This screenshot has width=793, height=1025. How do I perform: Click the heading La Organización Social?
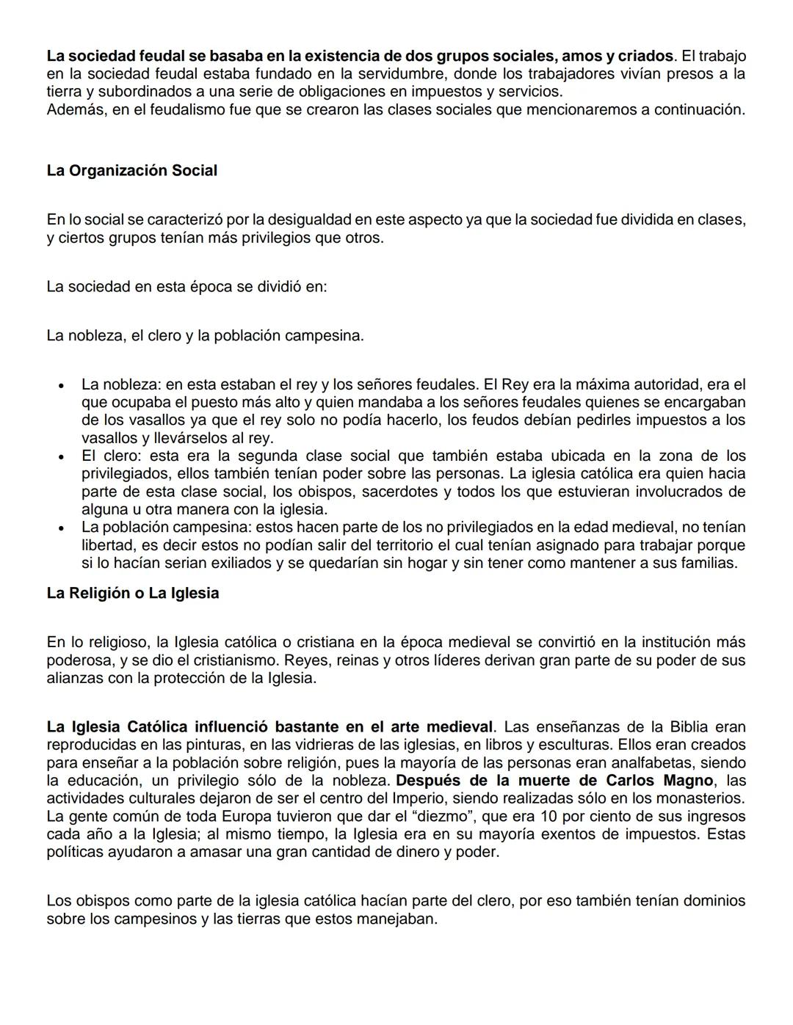[132, 171]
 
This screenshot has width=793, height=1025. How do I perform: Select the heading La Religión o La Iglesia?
[133, 593]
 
